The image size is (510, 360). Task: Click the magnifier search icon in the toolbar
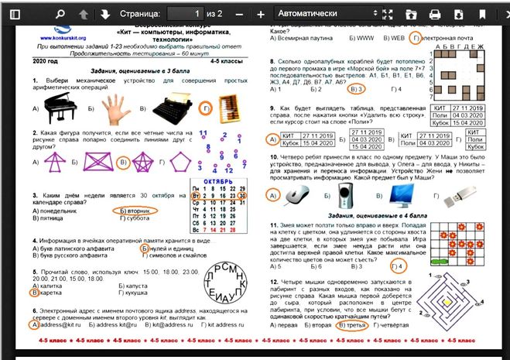click(x=60, y=14)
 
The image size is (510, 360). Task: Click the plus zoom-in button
click(x=261, y=14)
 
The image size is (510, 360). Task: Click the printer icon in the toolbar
click(x=435, y=14)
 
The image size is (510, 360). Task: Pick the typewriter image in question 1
click(x=175, y=111)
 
